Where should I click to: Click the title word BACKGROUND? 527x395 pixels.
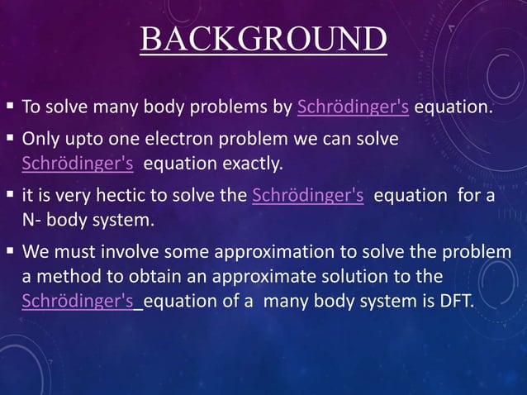point(263,40)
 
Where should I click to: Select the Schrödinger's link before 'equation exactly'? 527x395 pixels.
point(78,162)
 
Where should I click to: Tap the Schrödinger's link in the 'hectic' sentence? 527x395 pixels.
point(307,195)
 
